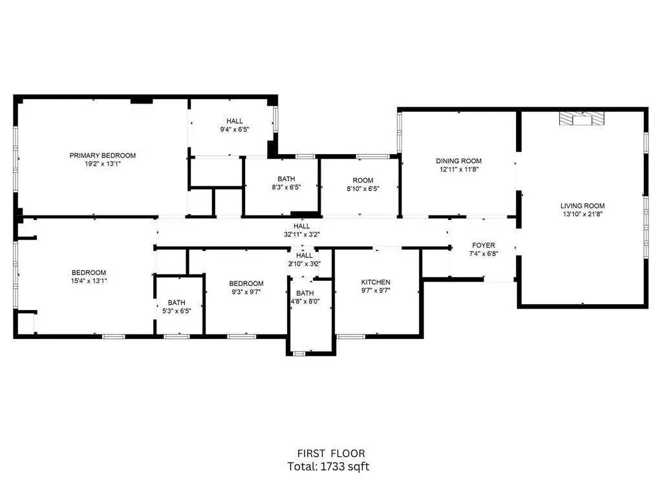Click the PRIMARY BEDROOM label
(103, 155)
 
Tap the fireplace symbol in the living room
(582, 119)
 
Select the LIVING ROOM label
(582, 206)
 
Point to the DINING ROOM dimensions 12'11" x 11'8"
(458, 170)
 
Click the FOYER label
(484, 245)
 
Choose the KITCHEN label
(376, 282)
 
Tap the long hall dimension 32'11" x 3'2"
(301, 234)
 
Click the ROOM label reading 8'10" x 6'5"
(363, 181)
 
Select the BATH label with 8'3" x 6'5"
(286, 179)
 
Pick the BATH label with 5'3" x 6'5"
(176, 303)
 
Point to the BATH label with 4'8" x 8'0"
(305, 293)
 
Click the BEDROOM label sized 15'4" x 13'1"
(89, 272)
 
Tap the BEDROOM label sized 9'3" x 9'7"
(246, 283)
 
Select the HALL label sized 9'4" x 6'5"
(234, 121)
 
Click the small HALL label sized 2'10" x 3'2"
(304, 255)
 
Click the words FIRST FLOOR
(331, 454)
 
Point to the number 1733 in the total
(333, 467)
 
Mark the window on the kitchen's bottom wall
(351, 337)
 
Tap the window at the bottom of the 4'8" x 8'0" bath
(299, 353)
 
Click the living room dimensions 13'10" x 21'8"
(582, 214)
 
